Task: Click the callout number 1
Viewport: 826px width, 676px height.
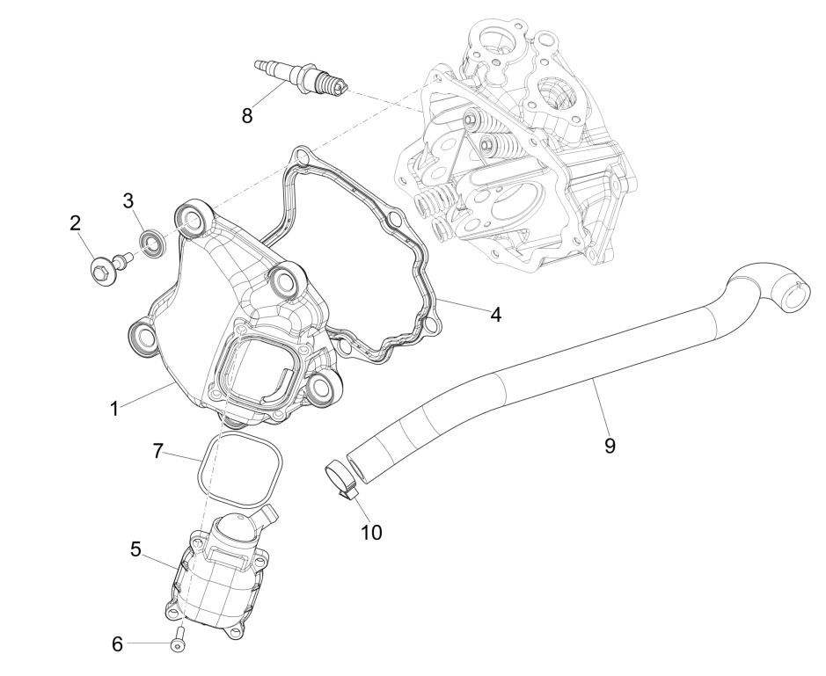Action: pos(113,409)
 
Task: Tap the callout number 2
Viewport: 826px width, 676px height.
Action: pos(76,223)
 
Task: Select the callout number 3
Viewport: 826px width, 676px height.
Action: pos(128,200)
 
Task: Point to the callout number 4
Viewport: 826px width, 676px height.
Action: pos(495,315)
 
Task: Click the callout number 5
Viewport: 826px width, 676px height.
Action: pos(136,549)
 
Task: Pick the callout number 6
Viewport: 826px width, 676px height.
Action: pos(118,643)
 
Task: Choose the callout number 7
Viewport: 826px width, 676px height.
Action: pos(158,451)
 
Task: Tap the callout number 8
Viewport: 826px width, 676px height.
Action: pos(247,115)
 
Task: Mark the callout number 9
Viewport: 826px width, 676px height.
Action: pos(610,446)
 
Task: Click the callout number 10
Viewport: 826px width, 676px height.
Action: pos(371,532)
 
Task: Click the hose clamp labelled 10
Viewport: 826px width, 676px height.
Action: pos(340,477)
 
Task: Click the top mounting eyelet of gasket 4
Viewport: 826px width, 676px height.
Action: pos(301,156)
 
